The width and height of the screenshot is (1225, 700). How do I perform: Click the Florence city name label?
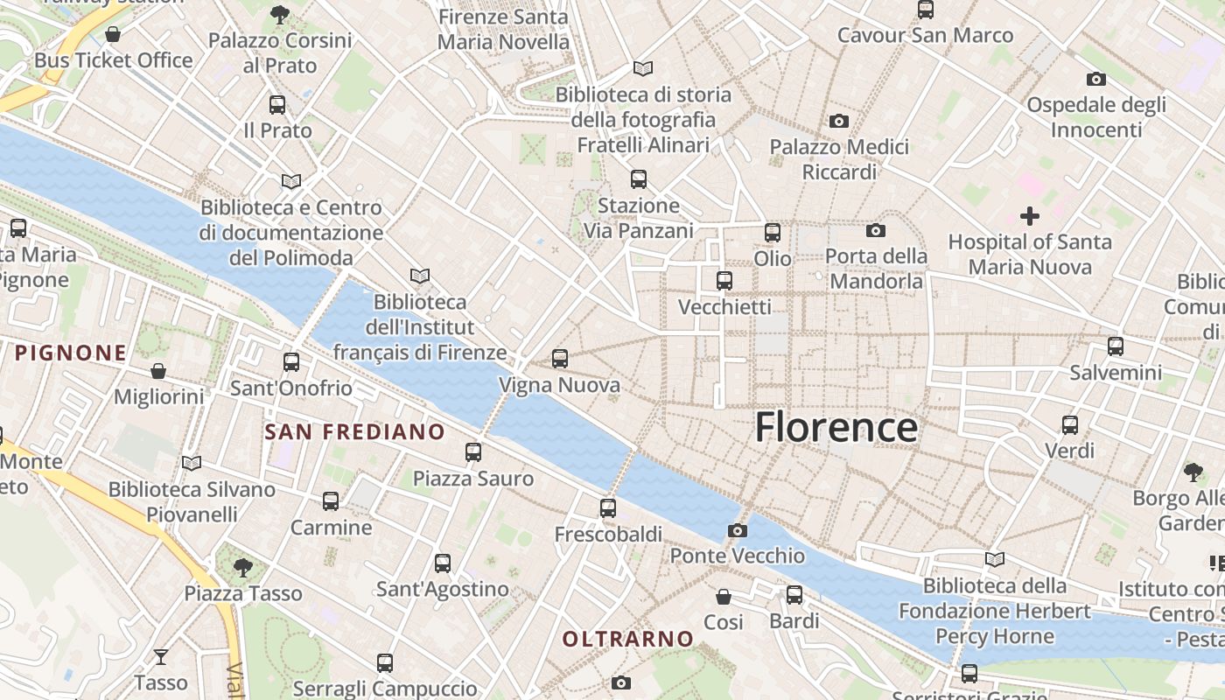[x=836, y=427]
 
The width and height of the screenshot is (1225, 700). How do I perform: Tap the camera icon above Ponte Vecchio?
[x=738, y=530]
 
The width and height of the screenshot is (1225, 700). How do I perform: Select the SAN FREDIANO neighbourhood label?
[x=354, y=431]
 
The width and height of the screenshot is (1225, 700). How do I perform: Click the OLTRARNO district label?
[x=627, y=640]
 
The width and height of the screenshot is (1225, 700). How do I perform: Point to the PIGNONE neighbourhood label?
[x=71, y=353]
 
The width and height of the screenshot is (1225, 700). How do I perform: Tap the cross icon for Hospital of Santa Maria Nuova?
[x=1030, y=215]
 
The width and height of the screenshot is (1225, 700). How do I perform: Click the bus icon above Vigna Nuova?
[x=560, y=359]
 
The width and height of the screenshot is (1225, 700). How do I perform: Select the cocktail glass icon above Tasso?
[x=161, y=656]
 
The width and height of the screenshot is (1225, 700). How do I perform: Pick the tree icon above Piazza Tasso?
[x=243, y=568]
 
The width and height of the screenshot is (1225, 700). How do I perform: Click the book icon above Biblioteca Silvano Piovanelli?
[x=191, y=463]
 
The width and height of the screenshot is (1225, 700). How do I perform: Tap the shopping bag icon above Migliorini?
[x=158, y=371]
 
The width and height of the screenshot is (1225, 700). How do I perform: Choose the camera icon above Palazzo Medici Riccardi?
[x=839, y=121]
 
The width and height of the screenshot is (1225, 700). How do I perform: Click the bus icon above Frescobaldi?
[x=608, y=507]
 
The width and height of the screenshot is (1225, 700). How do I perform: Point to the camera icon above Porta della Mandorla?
[x=876, y=231]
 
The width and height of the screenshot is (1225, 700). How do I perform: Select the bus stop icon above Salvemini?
[x=1116, y=346]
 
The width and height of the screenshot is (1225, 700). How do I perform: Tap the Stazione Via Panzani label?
[x=639, y=218]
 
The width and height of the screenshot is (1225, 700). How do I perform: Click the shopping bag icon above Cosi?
[x=724, y=597]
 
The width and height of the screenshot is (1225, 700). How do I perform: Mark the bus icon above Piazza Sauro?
[x=473, y=452]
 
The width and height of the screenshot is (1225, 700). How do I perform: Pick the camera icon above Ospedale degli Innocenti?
[x=1096, y=79]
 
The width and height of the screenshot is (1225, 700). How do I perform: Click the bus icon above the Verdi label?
[x=1070, y=425]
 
